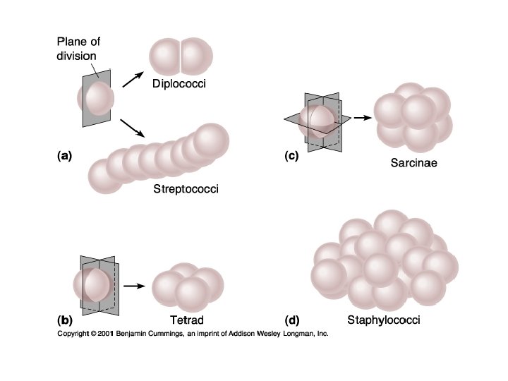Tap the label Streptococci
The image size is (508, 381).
pos(186,189)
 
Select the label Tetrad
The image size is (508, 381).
pos(187,320)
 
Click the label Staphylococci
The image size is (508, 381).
pos(384,320)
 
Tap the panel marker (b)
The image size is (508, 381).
pos(65,320)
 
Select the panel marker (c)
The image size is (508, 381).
pos(290,157)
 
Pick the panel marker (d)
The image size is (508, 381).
pos(291,320)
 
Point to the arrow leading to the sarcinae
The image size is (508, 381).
pos(361,118)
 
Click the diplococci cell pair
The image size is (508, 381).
pos(182,57)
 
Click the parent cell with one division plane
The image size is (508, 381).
pos(97,99)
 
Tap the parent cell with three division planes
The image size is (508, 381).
pos(317,120)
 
